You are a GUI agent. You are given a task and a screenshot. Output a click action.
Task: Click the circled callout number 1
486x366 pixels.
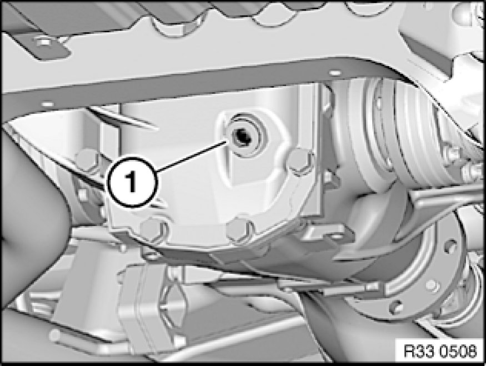tap(132, 182)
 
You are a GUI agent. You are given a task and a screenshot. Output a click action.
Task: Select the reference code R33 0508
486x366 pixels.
tap(440, 352)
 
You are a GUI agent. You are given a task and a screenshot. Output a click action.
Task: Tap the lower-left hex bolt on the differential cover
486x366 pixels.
tap(154, 230)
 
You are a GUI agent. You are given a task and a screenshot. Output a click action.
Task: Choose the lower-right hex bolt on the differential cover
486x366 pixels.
tap(240, 229)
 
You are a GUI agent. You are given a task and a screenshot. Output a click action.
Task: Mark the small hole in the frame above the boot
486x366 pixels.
tap(335, 73)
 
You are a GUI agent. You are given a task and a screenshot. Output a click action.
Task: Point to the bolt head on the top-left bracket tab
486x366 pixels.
tap(44, 41)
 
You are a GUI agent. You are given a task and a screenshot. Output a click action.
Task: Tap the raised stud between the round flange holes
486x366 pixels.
tap(432, 285)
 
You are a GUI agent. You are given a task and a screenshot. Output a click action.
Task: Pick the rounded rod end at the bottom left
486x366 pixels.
tap(56, 335)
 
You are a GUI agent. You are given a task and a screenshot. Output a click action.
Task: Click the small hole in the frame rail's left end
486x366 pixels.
tap(47, 104)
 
